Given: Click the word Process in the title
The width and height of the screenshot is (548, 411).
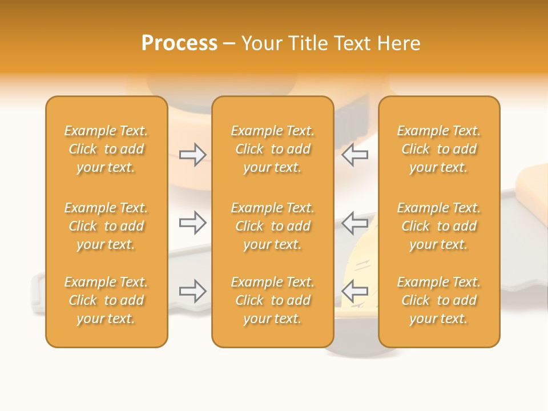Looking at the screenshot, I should point(179,43).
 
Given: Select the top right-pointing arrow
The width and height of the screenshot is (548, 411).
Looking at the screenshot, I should point(193,154).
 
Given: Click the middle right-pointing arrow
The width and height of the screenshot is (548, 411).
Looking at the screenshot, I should point(193,222).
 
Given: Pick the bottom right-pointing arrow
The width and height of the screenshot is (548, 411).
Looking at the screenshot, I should point(193,291).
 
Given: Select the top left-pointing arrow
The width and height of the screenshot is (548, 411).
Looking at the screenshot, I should point(354,154).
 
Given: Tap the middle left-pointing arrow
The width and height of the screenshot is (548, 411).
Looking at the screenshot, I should point(354,222).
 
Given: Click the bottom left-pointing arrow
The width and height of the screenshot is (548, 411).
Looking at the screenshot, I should point(354,291).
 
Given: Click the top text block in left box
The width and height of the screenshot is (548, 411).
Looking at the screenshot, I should point(106,149).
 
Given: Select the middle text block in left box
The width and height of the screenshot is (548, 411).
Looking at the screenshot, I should point(106,226).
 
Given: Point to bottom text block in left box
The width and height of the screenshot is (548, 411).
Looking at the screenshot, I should point(106,300).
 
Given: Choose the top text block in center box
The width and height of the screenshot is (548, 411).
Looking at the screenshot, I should point(272,149).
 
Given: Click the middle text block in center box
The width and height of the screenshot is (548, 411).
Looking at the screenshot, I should point(272,226).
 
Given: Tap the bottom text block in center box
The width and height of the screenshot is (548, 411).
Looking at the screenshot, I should point(272,300).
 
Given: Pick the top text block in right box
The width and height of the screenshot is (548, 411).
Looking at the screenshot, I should point(439,149).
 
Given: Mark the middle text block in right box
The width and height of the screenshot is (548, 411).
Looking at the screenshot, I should point(439,226).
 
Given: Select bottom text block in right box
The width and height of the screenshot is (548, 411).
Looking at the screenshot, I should point(439,300).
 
